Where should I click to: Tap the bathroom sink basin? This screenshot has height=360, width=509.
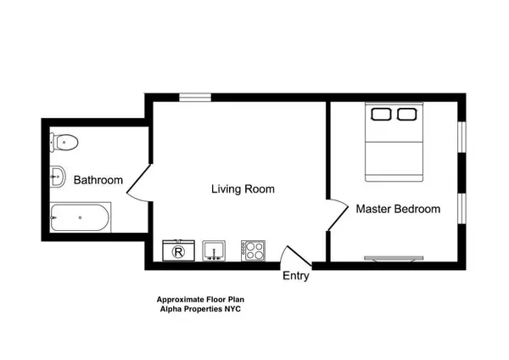pyautogui.click(x=58, y=177)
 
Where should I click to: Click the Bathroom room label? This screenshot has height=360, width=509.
pyautogui.click(x=98, y=181)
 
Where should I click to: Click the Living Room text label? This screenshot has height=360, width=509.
pyautogui.click(x=243, y=189)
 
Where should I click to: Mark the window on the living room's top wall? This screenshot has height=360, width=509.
pyautogui.click(x=195, y=98)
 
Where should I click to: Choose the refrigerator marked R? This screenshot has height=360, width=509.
pyautogui.click(x=178, y=250)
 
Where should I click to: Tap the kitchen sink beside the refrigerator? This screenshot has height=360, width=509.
pyautogui.click(x=213, y=250)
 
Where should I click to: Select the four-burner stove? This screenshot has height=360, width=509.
pyautogui.click(x=253, y=250)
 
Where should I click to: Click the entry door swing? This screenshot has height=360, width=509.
pyautogui.click(x=294, y=255)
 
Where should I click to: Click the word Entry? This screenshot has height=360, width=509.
pyautogui.click(x=296, y=276)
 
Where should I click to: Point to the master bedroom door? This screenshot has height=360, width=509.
pyautogui.click(x=338, y=211)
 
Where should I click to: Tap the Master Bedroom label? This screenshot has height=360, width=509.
pyautogui.click(x=398, y=209)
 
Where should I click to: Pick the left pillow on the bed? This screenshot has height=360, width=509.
pyautogui.click(x=380, y=113)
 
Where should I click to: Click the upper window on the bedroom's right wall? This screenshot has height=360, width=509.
pyautogui.click(x=461, y=137)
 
